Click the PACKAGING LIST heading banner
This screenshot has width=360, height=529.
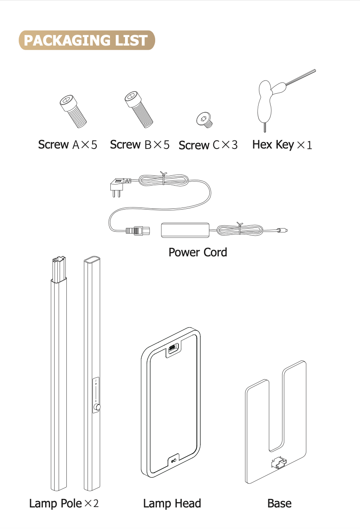(x=87, y=40)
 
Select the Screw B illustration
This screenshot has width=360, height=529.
(x=138, y=108)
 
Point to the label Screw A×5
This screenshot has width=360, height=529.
(x=68, y=145)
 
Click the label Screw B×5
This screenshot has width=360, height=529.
(x=140, y=145)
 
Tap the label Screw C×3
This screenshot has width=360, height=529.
(x=208, y=145)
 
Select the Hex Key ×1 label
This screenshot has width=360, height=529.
(x=282, y=145)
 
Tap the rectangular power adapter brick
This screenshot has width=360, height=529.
(x=185, y=230)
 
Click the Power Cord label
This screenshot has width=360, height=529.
(x=198, y=252)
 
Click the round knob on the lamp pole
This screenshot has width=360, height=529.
(x=97, y=407)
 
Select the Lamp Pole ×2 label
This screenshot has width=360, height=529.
(x=64, y=503)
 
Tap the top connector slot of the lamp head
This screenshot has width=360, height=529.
(x=172, y=348)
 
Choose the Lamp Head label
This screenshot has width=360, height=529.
(x=172, y=503)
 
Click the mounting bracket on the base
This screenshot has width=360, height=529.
(x=279, y=463)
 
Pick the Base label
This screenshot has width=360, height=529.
(x=279, y=503)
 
